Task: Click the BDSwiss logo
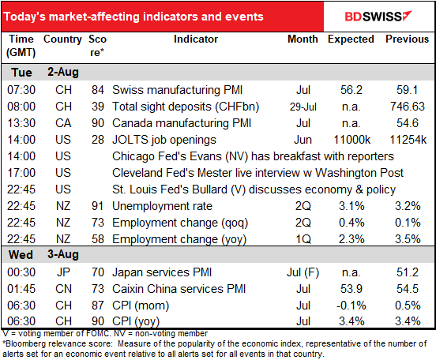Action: pyautogui.click(x=378, y=16)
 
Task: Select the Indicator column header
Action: pyautogui.click(x=196, y=39)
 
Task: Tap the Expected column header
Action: pyautogui.click(x=351, y=39)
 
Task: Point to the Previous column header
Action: pyautogui.click(x=407, y=39)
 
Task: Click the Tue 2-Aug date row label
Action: pyautogui.click(x=45, y=73)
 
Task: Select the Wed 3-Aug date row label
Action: pyautogui.click(x=43, y=254)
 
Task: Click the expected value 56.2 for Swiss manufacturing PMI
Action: pyautogui.click(x=351, y=90)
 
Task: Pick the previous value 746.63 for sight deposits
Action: pyautogui.click(x=408, y=107)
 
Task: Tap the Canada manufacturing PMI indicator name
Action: pyautogui.click(x=182, y=123)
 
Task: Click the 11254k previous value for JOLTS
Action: pyautogui.click(x=408, y=140)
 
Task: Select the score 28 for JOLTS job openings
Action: pyautogui.click(x=98, y=140)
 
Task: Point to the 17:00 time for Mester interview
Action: pyautogui.click(x=21, y=173)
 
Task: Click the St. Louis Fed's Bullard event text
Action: pyautogui.click(x=254, y=189)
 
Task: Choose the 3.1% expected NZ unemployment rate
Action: pyautogui.click(x=351, y=206)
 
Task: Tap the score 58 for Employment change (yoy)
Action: pyautogui.click(x=98, y=239)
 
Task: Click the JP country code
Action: pyautogui.click(x=63, y=272)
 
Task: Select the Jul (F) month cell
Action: pyautogui.click(x=303, y=272)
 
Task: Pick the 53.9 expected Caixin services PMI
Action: pyautogui.click(x=351, y=289)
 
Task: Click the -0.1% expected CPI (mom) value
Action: pyautogui.click(x=351, y=306)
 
